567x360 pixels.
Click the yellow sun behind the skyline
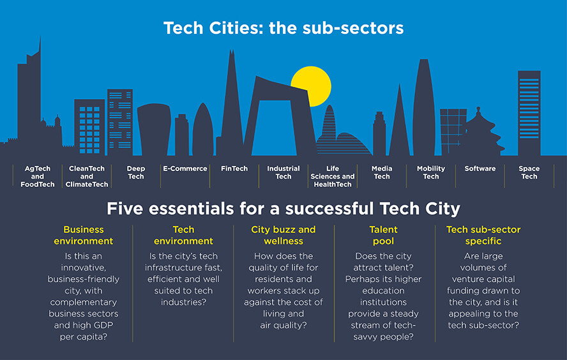tap(312, 84)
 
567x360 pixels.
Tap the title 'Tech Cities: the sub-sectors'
tap(283, 29)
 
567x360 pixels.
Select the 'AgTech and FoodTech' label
tap(38, 177)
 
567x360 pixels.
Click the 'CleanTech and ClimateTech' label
tap(87, 177)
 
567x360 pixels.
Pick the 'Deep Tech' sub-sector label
tap(136, 173)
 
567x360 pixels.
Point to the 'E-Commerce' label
tap(185, 169)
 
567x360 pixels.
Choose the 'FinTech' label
tap(234, 169)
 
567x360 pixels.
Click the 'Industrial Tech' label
tap(283, 173)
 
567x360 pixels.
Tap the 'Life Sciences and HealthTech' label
tap(332, 177)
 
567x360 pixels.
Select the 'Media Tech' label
tap(382, 173)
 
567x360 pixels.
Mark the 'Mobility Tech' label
tap(431, 173)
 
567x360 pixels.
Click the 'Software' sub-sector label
tap(480, 169)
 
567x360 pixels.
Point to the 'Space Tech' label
tap(529, 173)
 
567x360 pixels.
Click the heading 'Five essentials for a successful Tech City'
tap(283, 209)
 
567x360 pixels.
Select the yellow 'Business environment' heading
tap(84, 235)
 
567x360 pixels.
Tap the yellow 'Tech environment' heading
tap(184, 235)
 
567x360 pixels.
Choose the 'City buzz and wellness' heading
tap(283, 235)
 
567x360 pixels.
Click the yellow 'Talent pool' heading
tap(383, 235)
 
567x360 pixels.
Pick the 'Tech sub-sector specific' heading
tap(483, 235)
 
